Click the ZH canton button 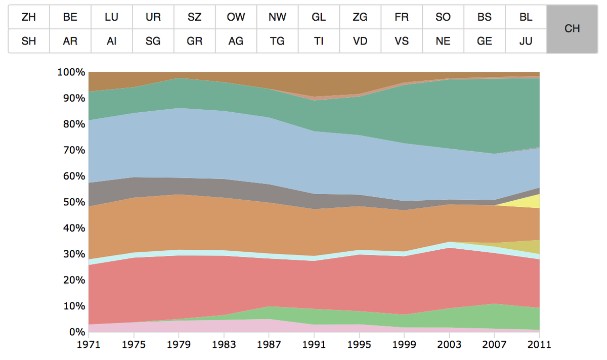point(29,17)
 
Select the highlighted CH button point(572,29)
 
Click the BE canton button point(70,17)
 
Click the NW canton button point(277,17)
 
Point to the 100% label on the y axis point(71,72)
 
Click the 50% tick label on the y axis point(73,202)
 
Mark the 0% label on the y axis point(75,332)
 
